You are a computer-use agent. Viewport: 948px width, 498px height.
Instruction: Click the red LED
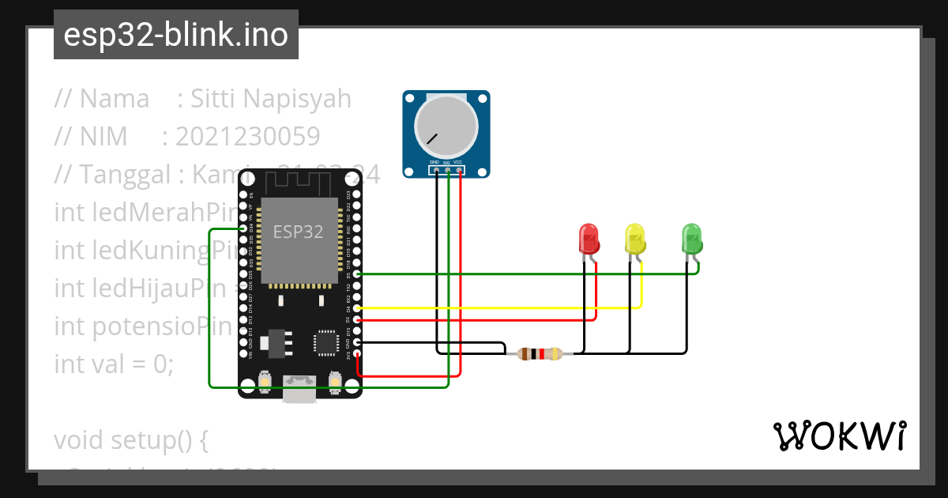[x=589, y=239]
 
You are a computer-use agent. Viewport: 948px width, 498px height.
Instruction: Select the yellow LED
[x=634, y=239]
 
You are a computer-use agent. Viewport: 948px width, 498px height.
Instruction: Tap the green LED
[x=691, y=239]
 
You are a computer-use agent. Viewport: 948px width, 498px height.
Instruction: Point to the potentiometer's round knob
[x=446, y=126]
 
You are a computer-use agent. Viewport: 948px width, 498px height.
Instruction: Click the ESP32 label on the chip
[x=298, y=232]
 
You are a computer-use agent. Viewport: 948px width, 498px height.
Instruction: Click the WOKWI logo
[x=838, y=436]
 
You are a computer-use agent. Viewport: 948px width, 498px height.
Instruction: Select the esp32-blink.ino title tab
[x=175, y=35]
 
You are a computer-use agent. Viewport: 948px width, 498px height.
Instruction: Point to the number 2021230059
[x=247, y=137]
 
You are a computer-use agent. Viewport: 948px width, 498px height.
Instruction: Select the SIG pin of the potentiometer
[x=447, y=169]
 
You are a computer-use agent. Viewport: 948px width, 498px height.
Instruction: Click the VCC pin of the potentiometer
[x=460, y=169]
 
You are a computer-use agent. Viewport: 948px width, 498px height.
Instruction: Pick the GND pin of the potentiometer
[x=434, y=169]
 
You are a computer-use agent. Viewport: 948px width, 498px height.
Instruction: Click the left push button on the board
[x=265, y=384]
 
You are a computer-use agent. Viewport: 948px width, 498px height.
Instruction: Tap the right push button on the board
[x=335, y=384]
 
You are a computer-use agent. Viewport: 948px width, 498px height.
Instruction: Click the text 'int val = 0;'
[x=113, y=364]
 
